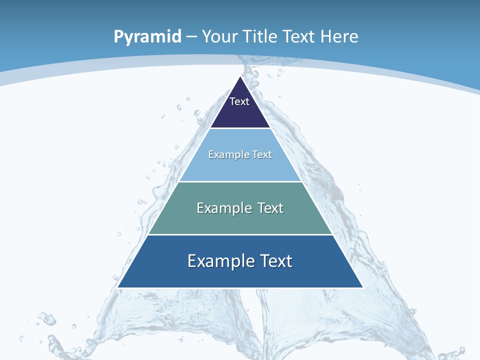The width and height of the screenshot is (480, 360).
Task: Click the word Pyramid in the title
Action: (x=147, y=37)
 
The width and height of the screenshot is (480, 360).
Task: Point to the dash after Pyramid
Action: (x=191, y=37)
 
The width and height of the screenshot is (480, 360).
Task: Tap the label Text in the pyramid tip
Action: (x=239, y=101)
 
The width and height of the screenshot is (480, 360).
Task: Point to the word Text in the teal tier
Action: (x=270, y=208)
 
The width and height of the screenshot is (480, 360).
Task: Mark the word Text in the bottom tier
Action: (x=276, y=261)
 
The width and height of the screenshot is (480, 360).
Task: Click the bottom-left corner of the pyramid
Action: (x=118, y=287)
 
